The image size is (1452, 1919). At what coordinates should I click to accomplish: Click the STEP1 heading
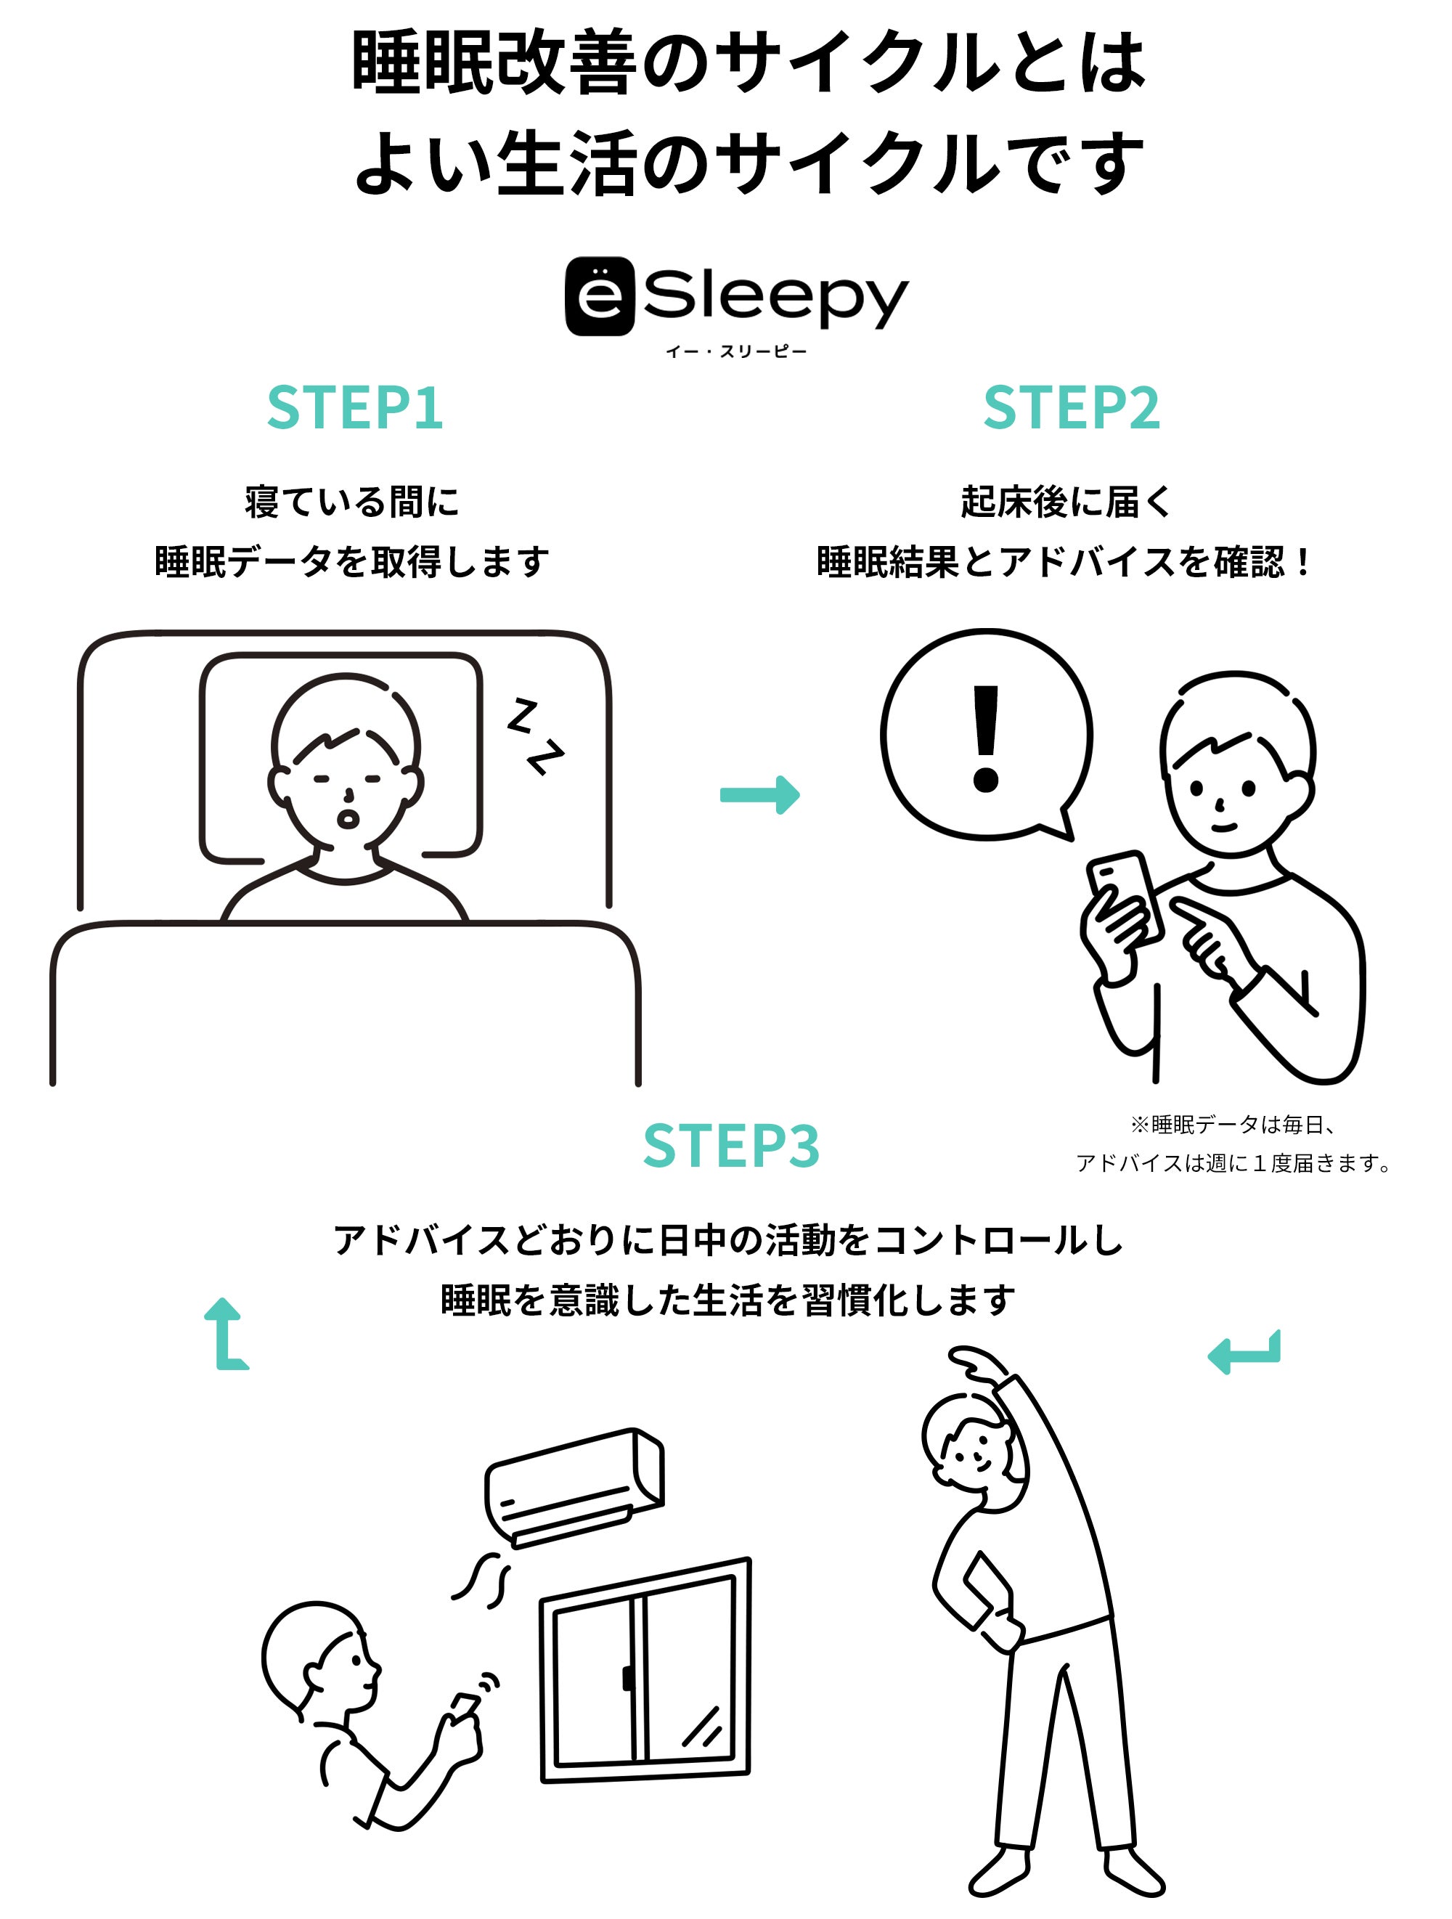(x=355, y=408)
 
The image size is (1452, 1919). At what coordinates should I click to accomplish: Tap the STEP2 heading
(x=1072, y=408)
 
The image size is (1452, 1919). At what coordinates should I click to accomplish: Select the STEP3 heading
(x=731, y=1145)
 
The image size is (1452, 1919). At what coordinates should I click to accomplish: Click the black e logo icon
(x=600, y=296)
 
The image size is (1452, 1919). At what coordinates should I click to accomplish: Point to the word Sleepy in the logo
(x=775, y=298)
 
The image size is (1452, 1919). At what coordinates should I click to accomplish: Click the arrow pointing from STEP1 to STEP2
(x=760, y=794)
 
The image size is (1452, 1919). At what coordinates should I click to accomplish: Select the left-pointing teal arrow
(x=1244, y=1352)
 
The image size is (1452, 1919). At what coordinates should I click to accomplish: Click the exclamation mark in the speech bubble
(x=986, y=738)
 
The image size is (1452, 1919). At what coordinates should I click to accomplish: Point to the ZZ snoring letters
(x=535, y=736)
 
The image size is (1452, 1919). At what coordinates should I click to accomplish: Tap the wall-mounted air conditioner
(x=574, y=1487)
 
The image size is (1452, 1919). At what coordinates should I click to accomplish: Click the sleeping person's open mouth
(x=348, y=818)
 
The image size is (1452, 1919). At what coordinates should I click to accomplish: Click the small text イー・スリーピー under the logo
(x=735, y=351)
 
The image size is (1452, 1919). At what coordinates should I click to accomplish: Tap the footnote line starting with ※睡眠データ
(x=1233, y=1125)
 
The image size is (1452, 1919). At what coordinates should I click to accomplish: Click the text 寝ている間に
(x=351, y=502)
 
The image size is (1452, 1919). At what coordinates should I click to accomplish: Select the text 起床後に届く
(x=1066, y=502)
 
